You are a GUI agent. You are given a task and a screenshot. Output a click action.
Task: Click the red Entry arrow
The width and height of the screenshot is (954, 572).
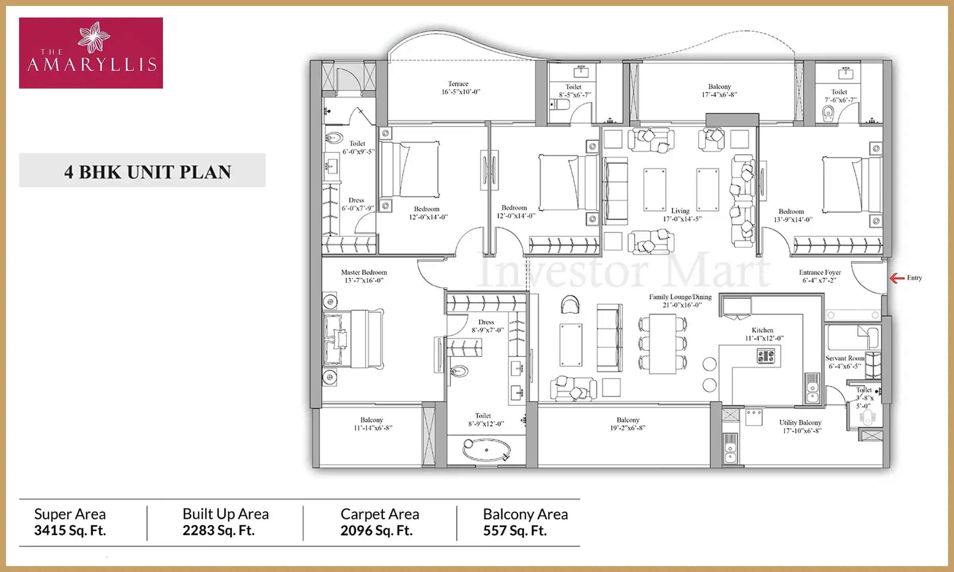(x=897, y=278)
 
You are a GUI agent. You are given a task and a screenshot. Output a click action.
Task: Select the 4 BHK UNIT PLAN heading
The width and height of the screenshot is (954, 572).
(x=147, y=172)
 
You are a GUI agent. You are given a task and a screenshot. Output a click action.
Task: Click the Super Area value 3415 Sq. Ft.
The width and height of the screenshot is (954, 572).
(x=70, y=531)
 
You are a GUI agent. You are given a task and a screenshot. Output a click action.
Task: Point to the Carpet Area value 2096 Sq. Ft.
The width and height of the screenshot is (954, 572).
(x=376, y=531)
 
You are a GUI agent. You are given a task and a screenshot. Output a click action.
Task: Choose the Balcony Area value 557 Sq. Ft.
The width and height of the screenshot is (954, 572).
(x=515, y=531)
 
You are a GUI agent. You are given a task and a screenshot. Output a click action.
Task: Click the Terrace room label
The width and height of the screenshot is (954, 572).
(x=458, y=84)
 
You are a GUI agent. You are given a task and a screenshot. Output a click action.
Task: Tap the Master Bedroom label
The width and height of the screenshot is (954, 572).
(x=364, y=272)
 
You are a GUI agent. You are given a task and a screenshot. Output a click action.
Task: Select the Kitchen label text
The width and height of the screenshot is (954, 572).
(x=762, y=330)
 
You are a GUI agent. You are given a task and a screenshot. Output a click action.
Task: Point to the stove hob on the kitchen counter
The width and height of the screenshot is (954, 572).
(x=766, y=356)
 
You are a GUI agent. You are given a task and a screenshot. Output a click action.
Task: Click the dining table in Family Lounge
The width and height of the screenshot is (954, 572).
(x=663, y=344)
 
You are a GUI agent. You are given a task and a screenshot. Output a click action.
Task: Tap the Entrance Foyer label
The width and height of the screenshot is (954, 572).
(x=820, y=272)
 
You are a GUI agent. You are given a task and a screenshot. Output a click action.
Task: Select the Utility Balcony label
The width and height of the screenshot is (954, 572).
(x=800, y=423)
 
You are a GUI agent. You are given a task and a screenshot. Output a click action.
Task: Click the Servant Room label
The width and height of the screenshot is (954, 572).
(x=844, y=358)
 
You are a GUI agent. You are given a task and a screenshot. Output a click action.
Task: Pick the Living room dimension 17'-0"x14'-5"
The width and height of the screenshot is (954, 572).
(x=682, y=219)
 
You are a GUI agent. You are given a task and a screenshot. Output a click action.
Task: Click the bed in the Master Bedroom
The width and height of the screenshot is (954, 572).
(x=353, y=339)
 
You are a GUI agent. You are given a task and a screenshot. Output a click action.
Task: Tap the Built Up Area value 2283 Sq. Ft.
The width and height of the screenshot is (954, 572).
(x=219, y=531)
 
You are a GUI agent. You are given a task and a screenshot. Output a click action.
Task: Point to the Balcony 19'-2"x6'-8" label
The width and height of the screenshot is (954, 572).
(x=628, y=424)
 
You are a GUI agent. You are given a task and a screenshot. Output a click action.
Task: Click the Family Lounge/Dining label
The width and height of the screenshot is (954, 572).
(x=680, y=297)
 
